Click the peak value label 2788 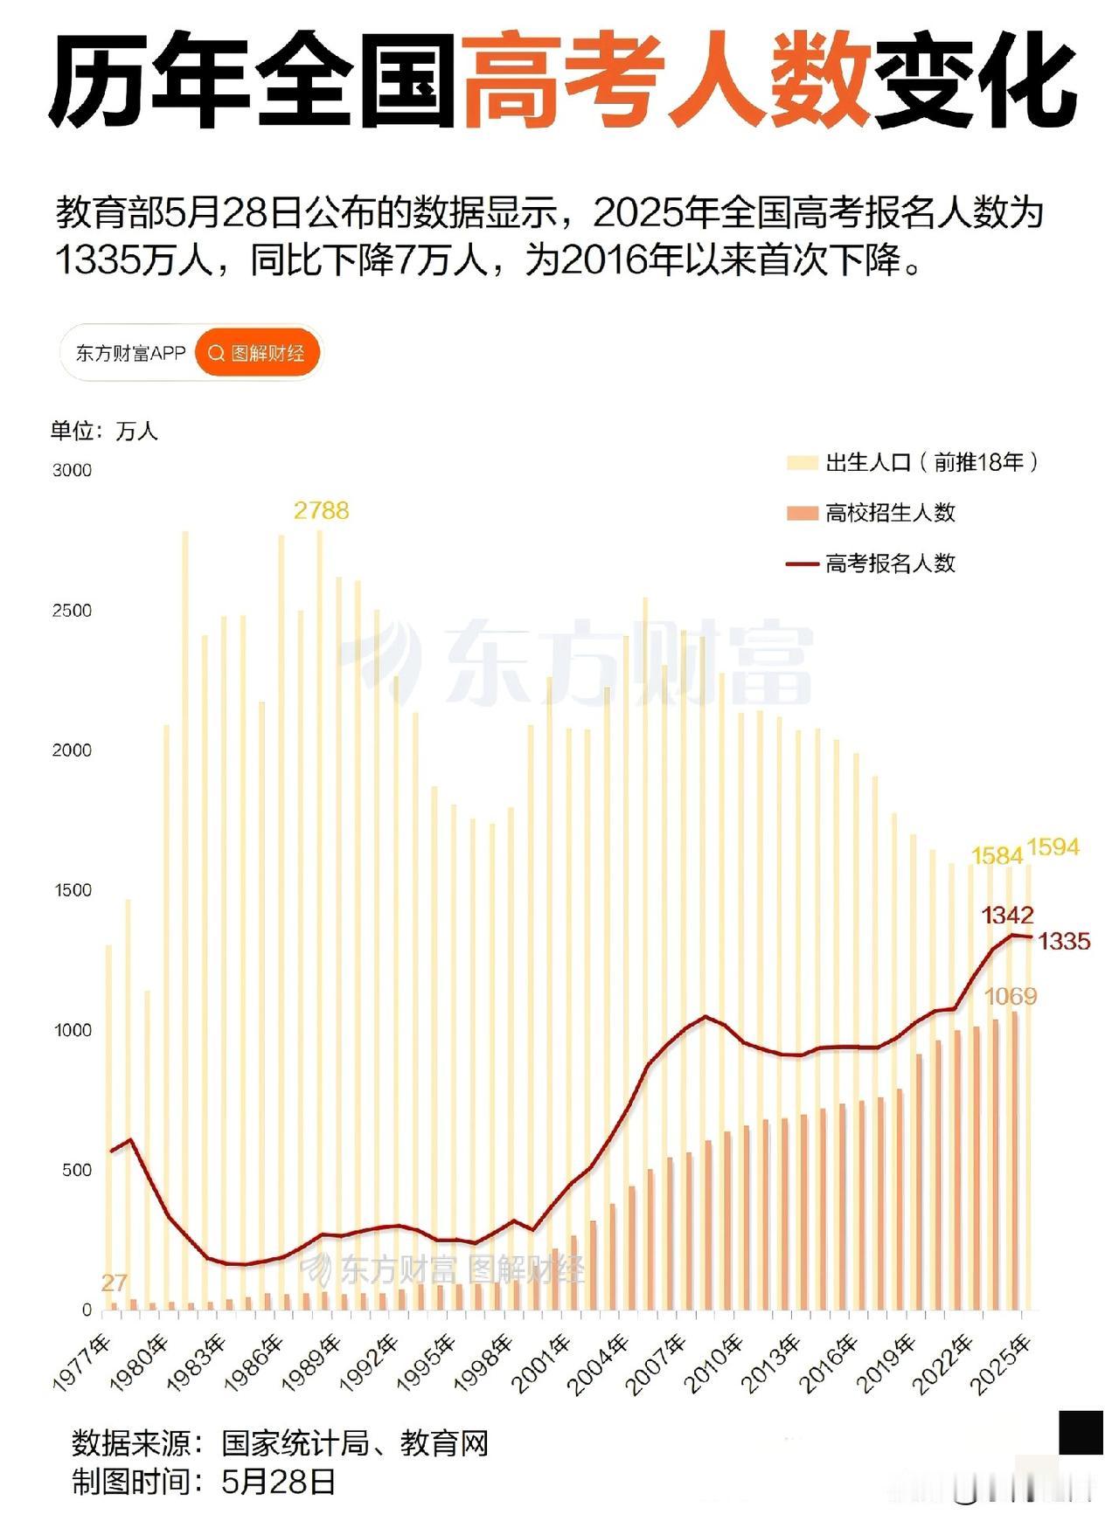pyautogui.click(x=321, y=510)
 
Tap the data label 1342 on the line pyautogui.click(x=1007, y=916)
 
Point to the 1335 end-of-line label pyautogui.click(x=1064, y=941)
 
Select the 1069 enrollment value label pyautogui.click(x=1010, y=996)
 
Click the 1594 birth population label pyautogui.click(x=1053, y=847)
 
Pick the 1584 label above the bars pyautogui.click(x=997, y=855)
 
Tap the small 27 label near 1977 pyautogui.click(x=114, y=1283)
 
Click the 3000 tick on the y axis pyautogui.click(x=72, y=470)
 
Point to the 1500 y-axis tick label pyautogui.click(x=72, y=890)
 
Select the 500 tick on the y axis pyautogui.click(x=76, y=1171)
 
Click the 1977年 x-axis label pyautogui.click(x=84, y=1362)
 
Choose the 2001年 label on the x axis pyautogui.click(x=543, y=1362)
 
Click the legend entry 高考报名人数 pyautogui.click(x=890, y=563)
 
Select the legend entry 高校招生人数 pyautogui.click(x=890, y=513)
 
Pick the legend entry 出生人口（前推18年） pyautogui.click(x=932, y=462)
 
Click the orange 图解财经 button pyautogui.click(x=258, y=353)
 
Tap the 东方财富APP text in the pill pyautogui.click(x=130, y=353)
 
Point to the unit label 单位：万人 pyautogui.click(x=104, y=431)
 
